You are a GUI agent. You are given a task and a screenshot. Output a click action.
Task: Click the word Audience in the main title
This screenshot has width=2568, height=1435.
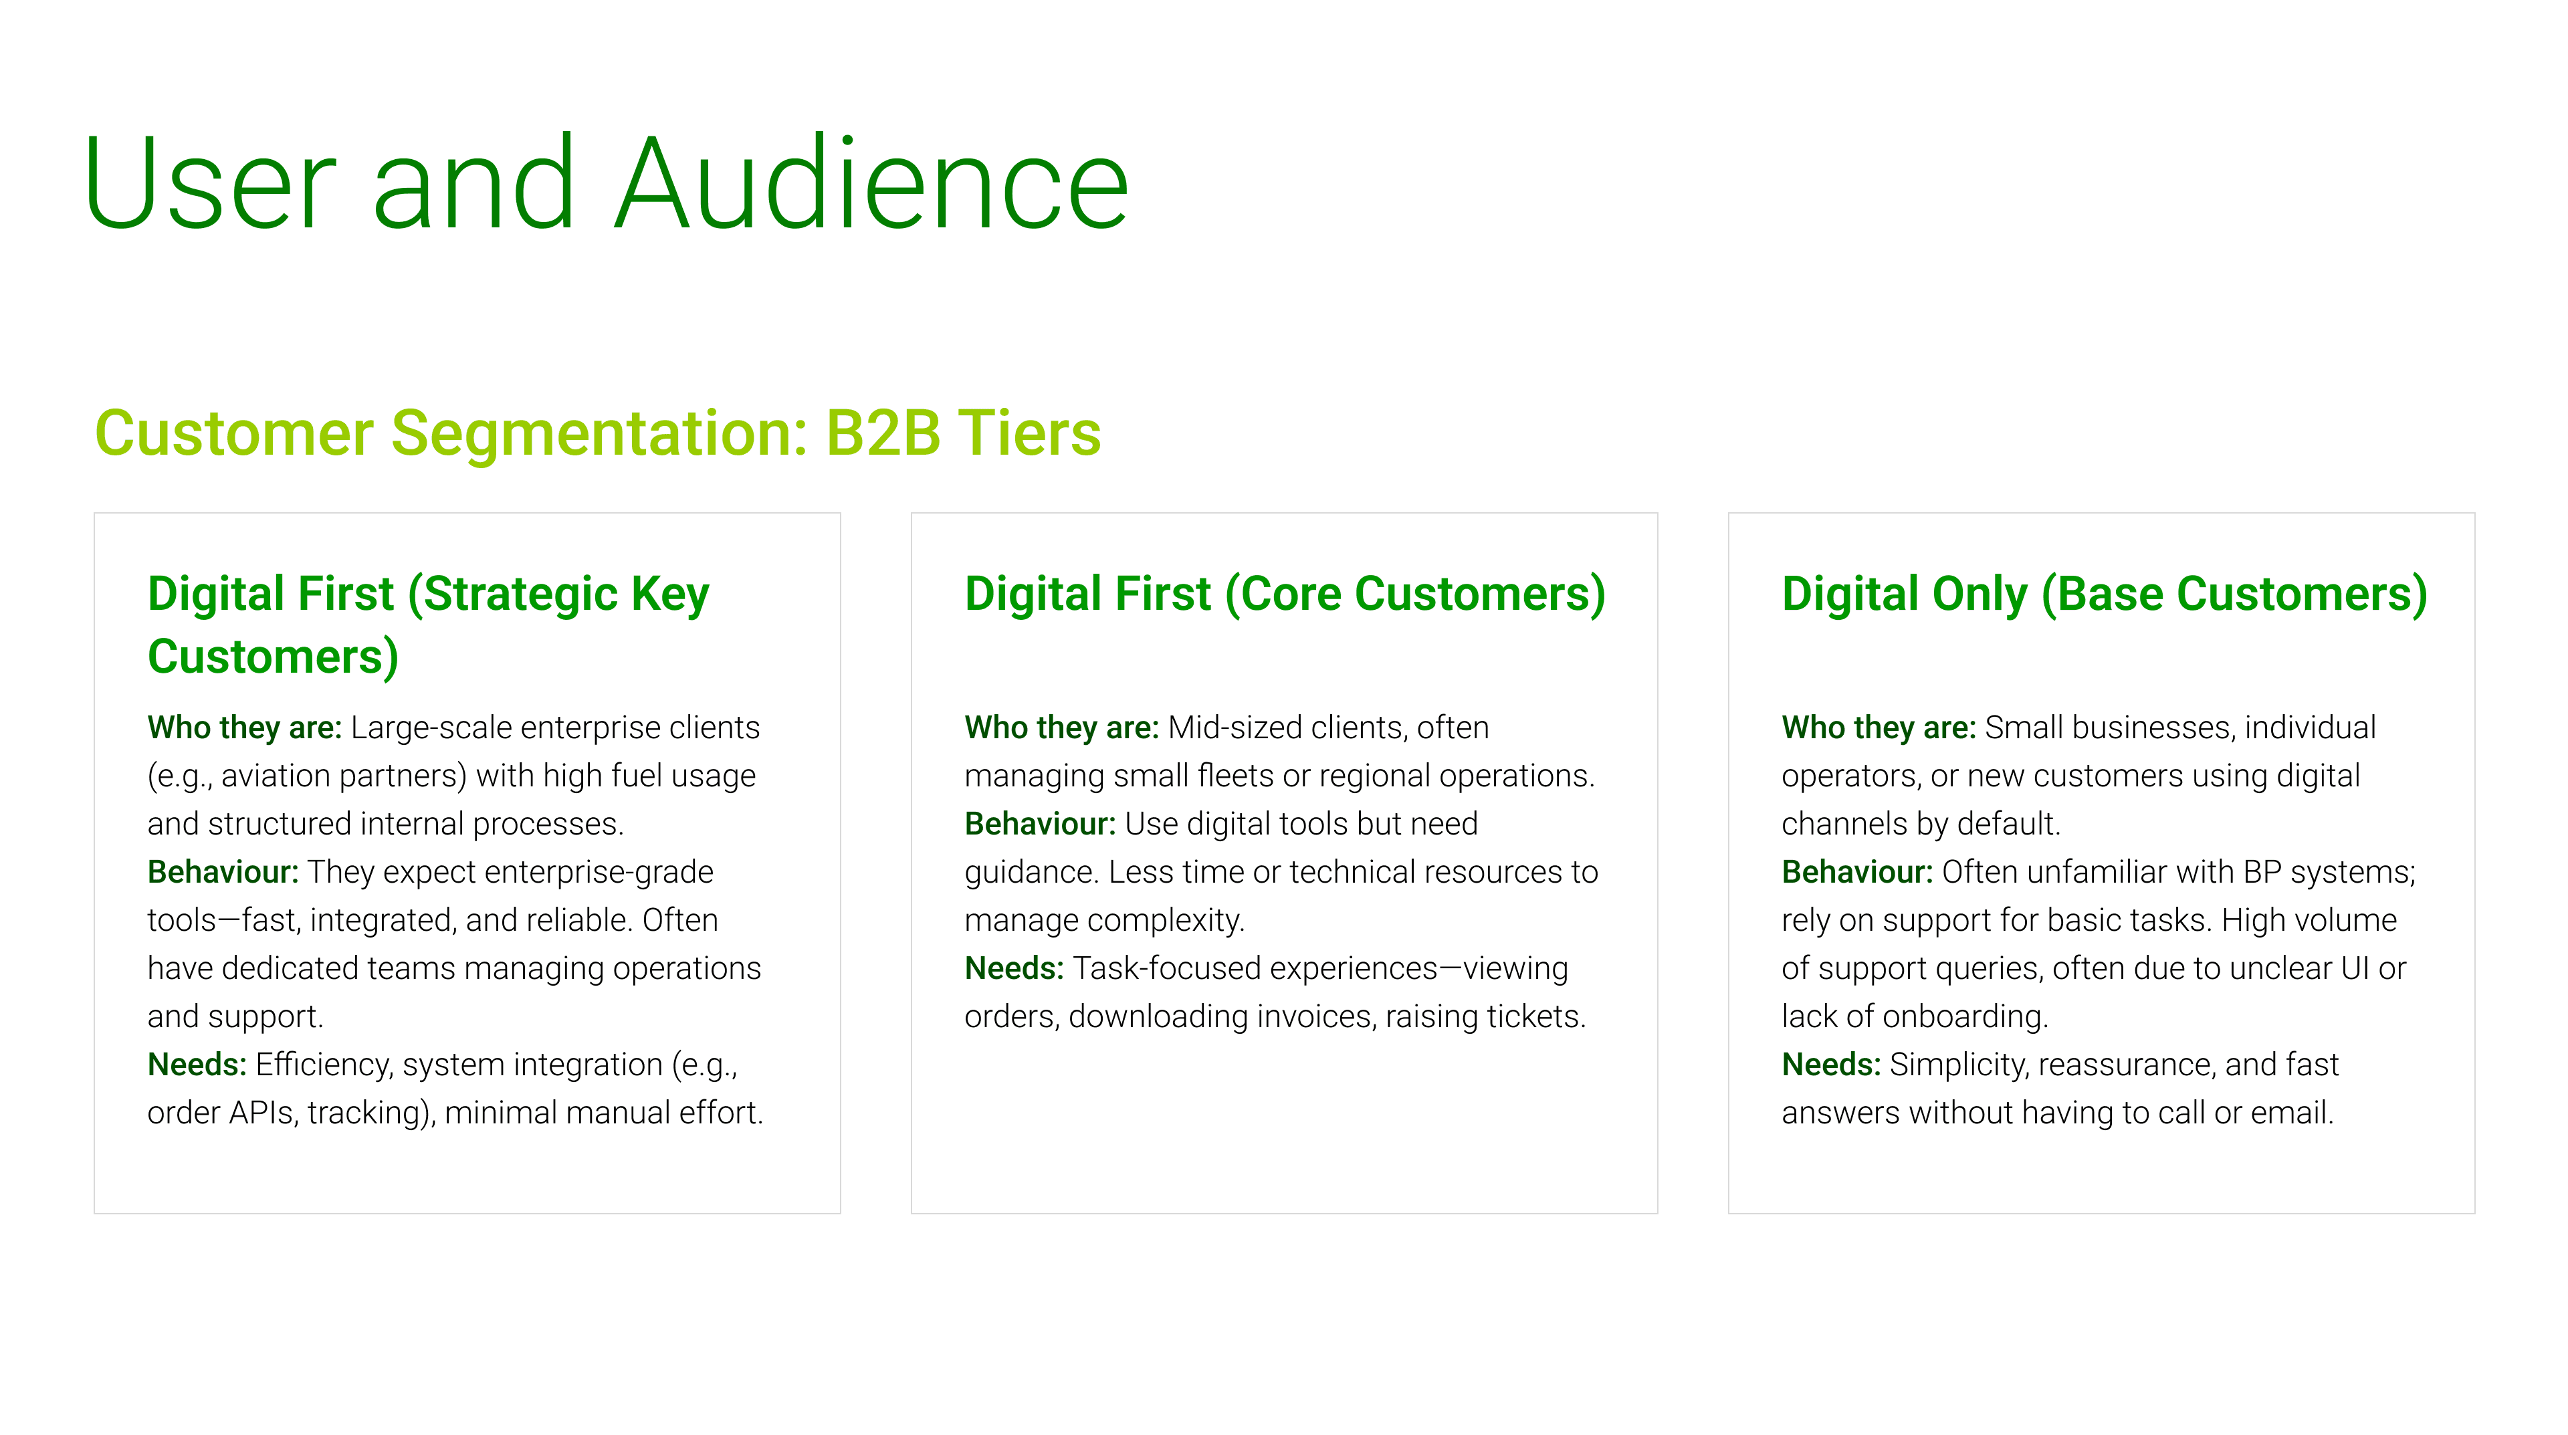pyautogui.click(x=872, y=185)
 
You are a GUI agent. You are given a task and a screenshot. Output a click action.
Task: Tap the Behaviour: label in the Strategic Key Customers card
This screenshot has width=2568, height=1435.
pyautogui.click(x=223, y=872)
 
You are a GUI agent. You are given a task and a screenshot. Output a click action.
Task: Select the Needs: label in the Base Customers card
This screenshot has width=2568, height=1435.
pyautogui.click(x=1831, y=1065)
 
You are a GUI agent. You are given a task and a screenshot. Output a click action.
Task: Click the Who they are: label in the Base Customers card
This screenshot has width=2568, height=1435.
pyautogui.click(x=1878, y=728)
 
